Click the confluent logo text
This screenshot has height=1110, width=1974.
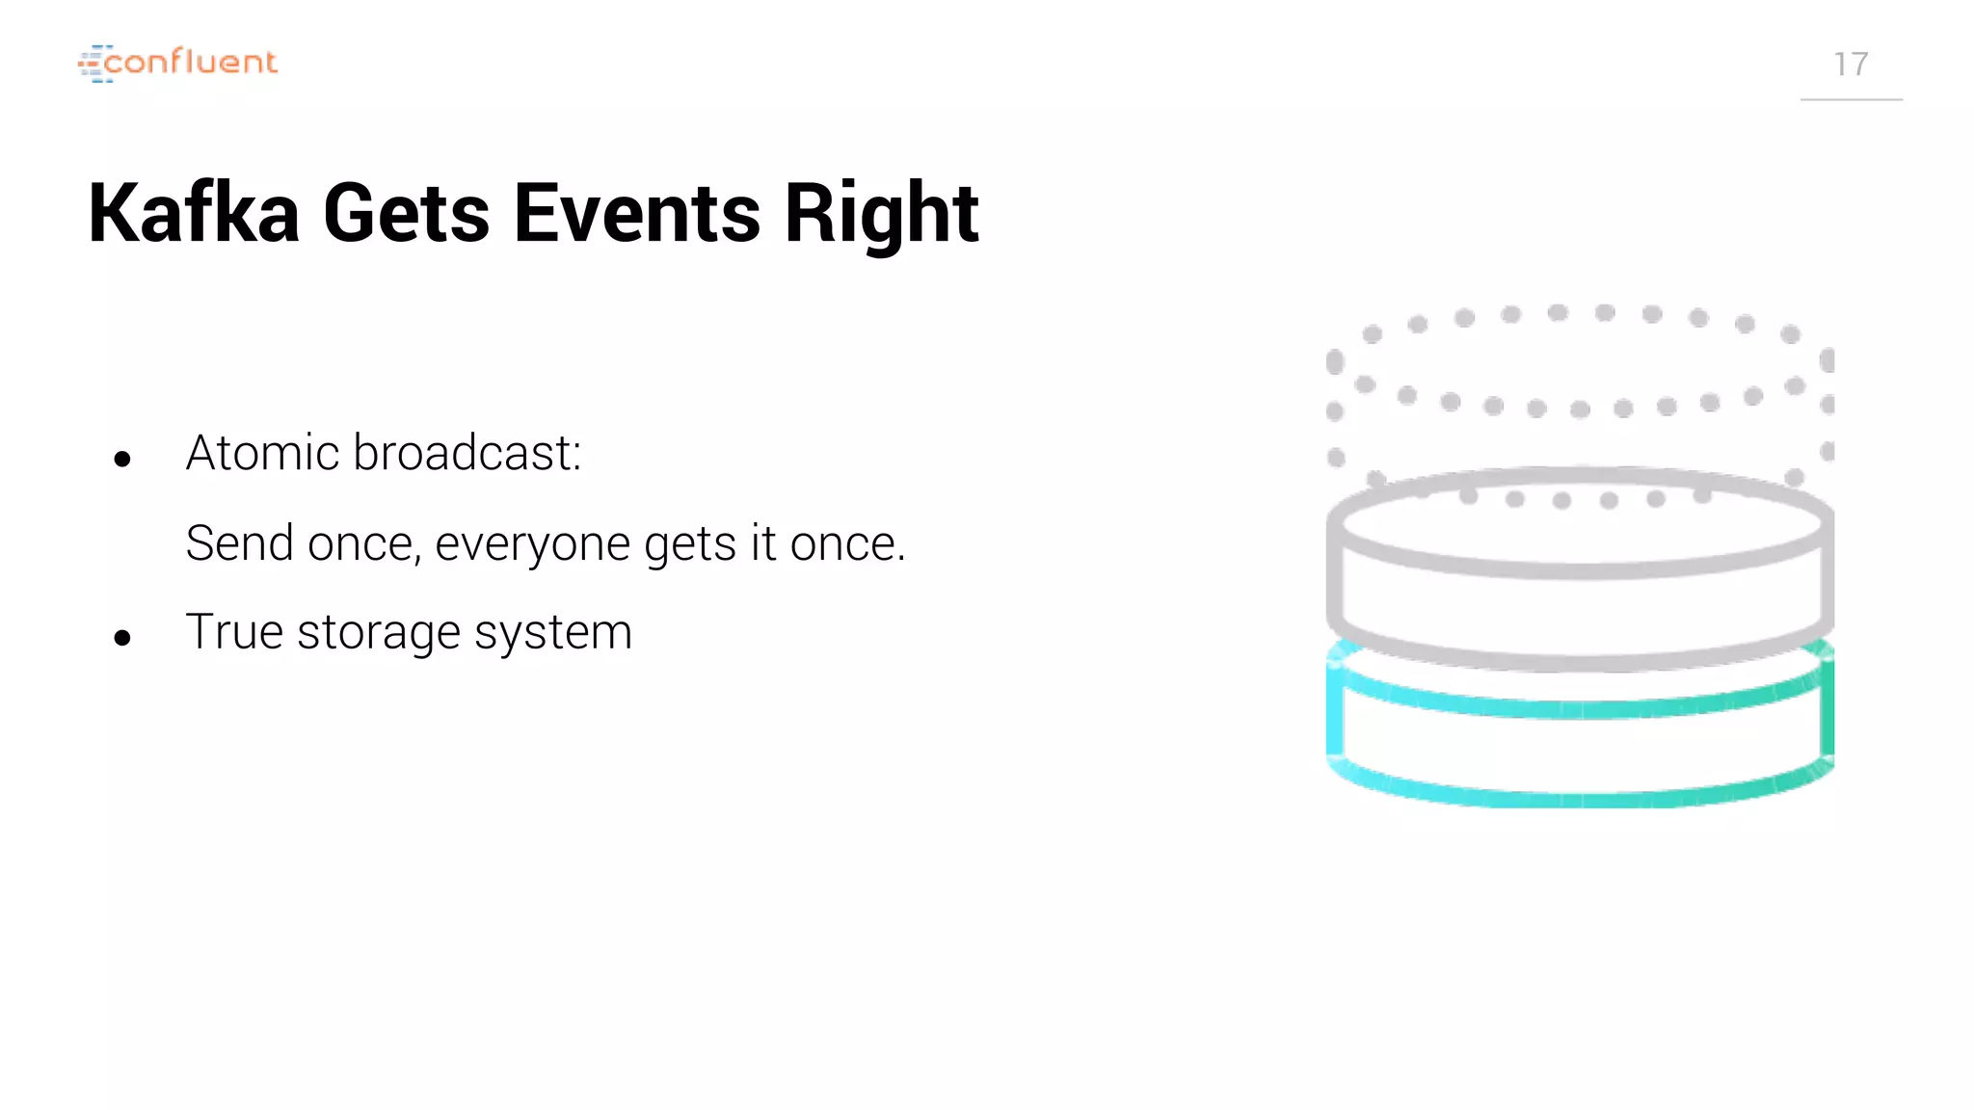(190, 63)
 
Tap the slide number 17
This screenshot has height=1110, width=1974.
(1851, 65)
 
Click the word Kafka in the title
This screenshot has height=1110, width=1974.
(194, 213)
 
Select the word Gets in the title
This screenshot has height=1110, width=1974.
(406, 213)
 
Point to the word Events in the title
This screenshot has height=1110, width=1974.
(637, 213)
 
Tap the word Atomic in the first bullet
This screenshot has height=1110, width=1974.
(262, 453)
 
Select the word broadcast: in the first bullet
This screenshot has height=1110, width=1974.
(467, 453)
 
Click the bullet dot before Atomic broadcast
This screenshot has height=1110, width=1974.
(122, 459)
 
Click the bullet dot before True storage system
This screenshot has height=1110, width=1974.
(122, 637)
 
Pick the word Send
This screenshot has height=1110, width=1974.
(240, 542)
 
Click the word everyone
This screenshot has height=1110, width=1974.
(533, 544)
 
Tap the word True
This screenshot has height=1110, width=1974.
(234, 632)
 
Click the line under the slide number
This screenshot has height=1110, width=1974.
(1851, 99)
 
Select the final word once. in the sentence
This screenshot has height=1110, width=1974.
(847, 544)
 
